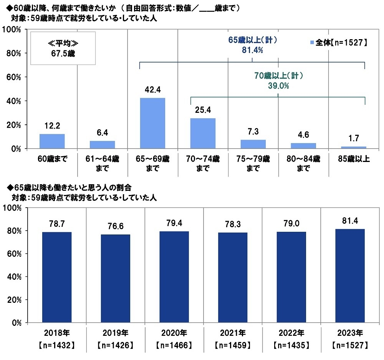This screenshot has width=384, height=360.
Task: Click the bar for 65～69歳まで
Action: (x=152, y=123)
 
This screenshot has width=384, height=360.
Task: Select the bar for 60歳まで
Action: (x=52, y=141)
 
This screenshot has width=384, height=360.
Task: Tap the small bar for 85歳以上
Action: (x=354, y=147)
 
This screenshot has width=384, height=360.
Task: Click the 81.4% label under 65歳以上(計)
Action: (x=252, y=50)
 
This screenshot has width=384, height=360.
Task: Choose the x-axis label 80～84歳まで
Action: (x=303, y=163)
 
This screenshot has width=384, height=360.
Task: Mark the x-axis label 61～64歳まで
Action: (x=102, y=163)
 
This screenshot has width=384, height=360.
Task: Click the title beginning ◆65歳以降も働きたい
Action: (x=70, y=188)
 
